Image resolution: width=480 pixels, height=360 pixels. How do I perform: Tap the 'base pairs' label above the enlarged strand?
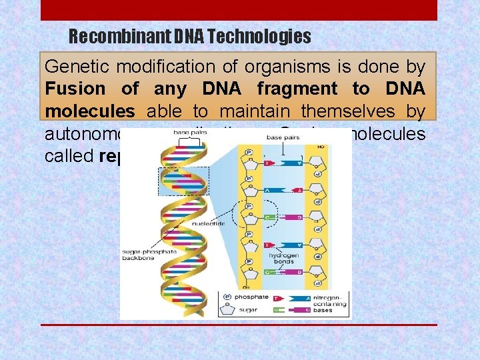pyautogui.click(x=283, y=137)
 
